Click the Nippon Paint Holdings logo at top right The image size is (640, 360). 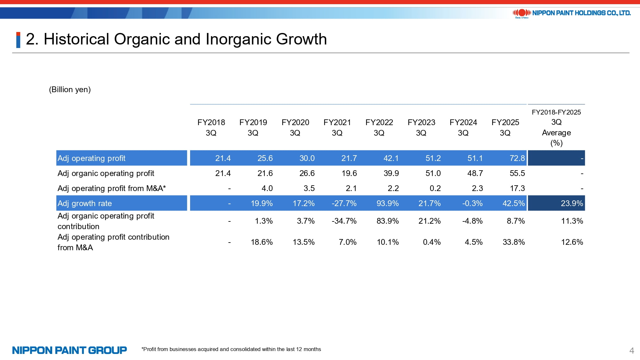tap(572, 13)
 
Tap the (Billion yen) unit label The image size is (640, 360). tap(70, 90)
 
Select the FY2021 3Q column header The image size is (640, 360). tap(337, 127)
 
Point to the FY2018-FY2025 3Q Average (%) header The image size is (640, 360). tap(556, 127)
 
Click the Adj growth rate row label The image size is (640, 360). tap(85, 204)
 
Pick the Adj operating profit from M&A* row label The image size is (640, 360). tap(112, 188)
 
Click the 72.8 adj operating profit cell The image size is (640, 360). tap(517, 158)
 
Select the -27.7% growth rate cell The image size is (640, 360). tap(344, 204)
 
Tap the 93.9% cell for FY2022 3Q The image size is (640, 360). tap(388, 204)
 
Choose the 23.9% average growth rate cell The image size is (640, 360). tap(572, 204)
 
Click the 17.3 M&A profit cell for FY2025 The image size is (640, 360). tap(517, 188)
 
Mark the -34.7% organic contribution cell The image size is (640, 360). tap(344, 221)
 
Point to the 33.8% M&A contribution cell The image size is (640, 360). tap(514, 242)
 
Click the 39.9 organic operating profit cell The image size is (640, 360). tap(391, 173)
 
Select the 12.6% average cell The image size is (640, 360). tap(572, 242)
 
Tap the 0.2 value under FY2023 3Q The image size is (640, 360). tap(435, 188)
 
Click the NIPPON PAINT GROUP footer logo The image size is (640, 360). tap(69, 350)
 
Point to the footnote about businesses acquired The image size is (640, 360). tap(231, 349)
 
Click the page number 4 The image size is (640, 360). tap(631, 351)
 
